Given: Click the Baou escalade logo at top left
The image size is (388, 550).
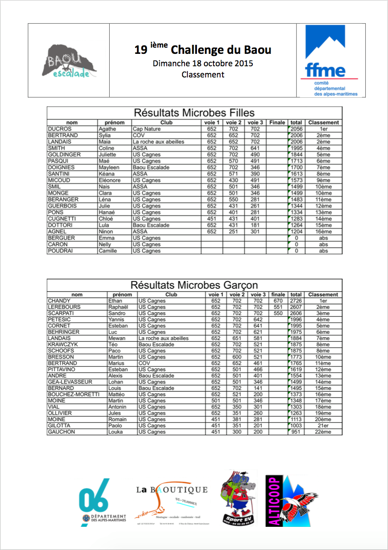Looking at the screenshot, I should coord(69,61).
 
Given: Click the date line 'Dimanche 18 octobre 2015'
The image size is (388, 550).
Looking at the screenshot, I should coord(203,63).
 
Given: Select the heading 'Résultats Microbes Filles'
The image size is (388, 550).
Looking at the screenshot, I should coord(194,113).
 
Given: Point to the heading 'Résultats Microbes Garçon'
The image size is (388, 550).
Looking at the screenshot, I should coord(194,285).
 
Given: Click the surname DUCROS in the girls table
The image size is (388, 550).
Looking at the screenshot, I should coord(60,129).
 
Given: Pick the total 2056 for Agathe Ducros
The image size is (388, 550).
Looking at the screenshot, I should coord(296,129).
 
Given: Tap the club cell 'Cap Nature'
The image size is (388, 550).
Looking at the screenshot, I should coord(146,129).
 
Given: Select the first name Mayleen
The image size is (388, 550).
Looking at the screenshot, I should coord(109,167).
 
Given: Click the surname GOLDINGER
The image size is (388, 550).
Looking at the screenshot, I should coord(64,154).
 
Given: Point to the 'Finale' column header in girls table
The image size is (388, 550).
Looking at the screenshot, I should coord(277,123).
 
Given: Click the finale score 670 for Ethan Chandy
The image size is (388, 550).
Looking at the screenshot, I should coord(278,301).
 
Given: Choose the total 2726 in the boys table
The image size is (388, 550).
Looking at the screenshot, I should coord(296,301).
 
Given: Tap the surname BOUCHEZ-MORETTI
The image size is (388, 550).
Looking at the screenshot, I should coord(74,394).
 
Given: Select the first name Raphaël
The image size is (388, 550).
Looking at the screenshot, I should coord(118,307).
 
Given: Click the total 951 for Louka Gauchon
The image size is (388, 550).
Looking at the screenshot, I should coord(296,432).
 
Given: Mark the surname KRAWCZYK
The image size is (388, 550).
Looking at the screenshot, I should coord(63,344).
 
